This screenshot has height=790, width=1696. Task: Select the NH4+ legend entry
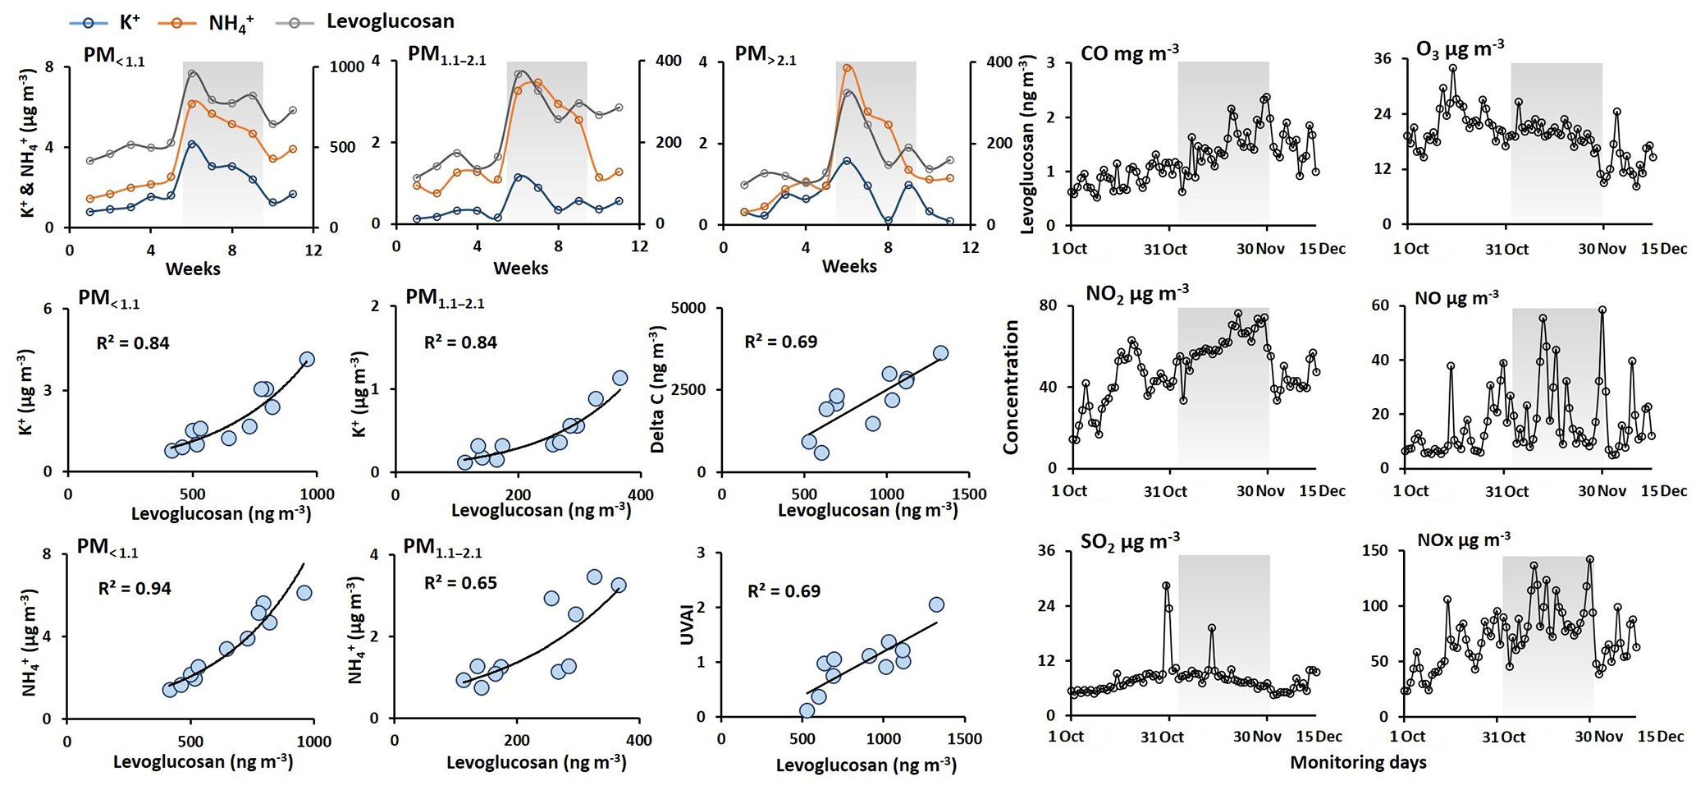[213, 22]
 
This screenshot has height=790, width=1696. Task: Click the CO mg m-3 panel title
[1130, 53]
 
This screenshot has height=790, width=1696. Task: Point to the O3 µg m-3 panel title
[1460, 49]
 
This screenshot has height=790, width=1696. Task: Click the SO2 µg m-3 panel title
[1130, 541]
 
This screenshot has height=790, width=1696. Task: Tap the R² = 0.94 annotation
[135, 589]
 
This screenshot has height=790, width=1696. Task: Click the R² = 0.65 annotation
[460, 583]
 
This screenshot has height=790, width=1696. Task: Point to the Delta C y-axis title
[657, 389]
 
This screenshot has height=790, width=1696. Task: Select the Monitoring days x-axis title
[1358, 763]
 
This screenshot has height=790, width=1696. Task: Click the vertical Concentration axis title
[1011, 387]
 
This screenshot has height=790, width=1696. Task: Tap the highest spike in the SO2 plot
[1166, 586]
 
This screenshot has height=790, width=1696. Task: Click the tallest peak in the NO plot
[1602, 310]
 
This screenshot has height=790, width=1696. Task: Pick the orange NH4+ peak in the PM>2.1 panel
[848, 68]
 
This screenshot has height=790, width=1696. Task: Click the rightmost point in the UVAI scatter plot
[936, 604]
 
